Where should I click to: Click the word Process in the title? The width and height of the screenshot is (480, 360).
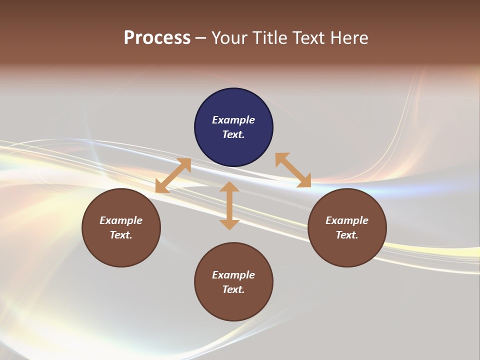tap(157, 38)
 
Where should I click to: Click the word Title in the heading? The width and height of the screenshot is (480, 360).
tap(270, 38)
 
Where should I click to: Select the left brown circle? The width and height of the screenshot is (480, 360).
tap(121, 250)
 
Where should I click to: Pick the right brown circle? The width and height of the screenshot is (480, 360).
tap(347, 250)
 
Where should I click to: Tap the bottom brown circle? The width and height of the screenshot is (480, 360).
tap(233, 305)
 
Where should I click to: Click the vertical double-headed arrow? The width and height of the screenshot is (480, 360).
tap(229, 205)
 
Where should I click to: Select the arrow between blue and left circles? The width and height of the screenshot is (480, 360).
tap(173, 175)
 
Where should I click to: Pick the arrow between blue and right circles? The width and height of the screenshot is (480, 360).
tap(293, 170)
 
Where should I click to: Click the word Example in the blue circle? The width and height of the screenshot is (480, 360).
tap(233, 120)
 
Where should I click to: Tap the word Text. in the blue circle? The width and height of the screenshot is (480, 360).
tap(233, 134)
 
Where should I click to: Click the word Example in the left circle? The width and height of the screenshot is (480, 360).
tap(121, 220)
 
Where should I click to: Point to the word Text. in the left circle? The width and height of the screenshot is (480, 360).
tap(121, 235)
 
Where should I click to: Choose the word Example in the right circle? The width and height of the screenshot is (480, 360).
tap(347, 220)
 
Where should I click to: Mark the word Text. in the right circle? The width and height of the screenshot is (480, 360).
tap(347, 235)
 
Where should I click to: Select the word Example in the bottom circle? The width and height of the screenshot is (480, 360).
tap(233, 275)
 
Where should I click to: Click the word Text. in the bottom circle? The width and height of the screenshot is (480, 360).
tap(233, 289)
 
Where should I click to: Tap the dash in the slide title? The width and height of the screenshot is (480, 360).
tap(201, 38)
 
